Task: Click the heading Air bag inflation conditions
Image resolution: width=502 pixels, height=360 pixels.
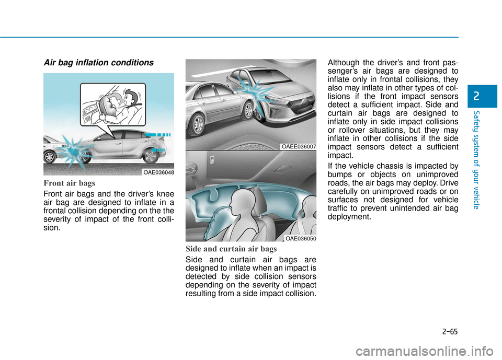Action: click(x=98, y=63)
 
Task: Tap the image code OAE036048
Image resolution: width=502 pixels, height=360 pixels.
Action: click(x=159, y=172)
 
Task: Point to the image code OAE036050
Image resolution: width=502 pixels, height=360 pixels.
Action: click(x=301, y=238)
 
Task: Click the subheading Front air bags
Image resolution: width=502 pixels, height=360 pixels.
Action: click(x=70, y=184)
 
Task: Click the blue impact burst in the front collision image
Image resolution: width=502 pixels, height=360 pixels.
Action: click(x=73, y=152)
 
